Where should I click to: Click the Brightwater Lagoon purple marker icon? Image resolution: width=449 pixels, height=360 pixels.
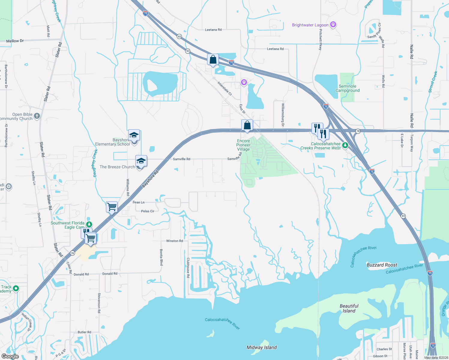[333, 25]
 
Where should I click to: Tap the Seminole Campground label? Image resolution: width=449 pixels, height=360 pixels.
[347, 88]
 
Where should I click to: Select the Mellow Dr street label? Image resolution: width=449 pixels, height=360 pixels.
[15, 41]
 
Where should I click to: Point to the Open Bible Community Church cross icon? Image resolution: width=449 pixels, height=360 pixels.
[37, 116]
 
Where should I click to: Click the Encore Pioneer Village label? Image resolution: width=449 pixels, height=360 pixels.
[243, 145]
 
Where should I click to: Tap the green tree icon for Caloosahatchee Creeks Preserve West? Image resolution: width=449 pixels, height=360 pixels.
[345, 145]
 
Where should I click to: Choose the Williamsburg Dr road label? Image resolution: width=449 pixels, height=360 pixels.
[283, 112]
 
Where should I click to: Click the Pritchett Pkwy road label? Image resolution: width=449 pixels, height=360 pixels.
[321, 40]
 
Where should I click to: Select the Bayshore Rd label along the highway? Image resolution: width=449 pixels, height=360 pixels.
[150, 179]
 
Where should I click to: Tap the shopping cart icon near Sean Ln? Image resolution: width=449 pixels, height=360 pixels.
[112, 206]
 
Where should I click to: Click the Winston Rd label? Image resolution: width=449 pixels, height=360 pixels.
[174, 241]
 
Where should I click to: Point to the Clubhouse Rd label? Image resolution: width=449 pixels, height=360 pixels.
[188, 268]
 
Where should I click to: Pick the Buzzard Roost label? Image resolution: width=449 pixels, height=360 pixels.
[382, 265]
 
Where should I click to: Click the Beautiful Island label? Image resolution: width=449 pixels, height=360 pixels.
[349, 308]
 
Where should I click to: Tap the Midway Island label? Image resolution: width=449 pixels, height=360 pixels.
[261, 347]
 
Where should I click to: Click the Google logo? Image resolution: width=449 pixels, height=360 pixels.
[10, 356]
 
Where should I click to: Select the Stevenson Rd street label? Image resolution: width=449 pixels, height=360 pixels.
[99, 303]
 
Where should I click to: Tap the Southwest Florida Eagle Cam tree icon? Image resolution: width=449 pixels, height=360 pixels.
[89, 224]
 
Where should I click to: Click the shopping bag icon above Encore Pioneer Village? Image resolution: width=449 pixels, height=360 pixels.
[247, 125]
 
